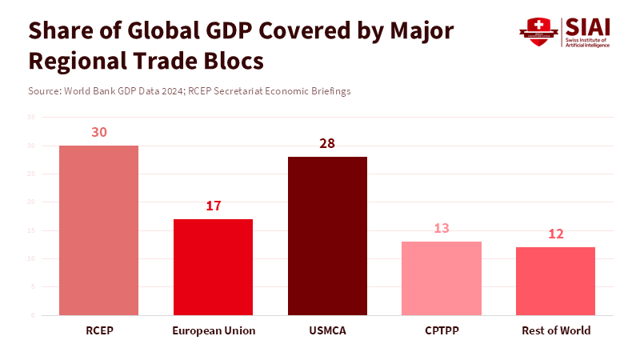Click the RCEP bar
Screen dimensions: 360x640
point(99,230)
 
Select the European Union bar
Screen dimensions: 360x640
point(214,266)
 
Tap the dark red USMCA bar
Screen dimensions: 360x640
point(327,236)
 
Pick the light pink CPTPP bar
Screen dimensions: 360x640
point(442,278)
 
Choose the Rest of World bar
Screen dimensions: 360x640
point(555,281)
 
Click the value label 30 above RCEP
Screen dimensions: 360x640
point(99,132)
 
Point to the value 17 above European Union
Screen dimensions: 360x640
point(214,206)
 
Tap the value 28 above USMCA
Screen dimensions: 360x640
point(327,143)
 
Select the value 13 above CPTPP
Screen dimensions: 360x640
point(442,228)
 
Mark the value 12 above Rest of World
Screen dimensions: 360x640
point(555,234)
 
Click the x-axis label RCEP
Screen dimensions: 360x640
point(99,330)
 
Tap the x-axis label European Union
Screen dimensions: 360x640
point(214,330)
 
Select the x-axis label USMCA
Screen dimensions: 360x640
point(327,330)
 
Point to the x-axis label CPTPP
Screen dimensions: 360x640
point(442,330)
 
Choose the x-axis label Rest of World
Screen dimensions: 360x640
point(555,330)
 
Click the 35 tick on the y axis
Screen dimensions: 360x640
point(31,118)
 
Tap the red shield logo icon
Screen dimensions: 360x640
point(534,32)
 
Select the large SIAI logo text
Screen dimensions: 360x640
point(587,26)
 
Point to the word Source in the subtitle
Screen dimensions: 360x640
point(43,91)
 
